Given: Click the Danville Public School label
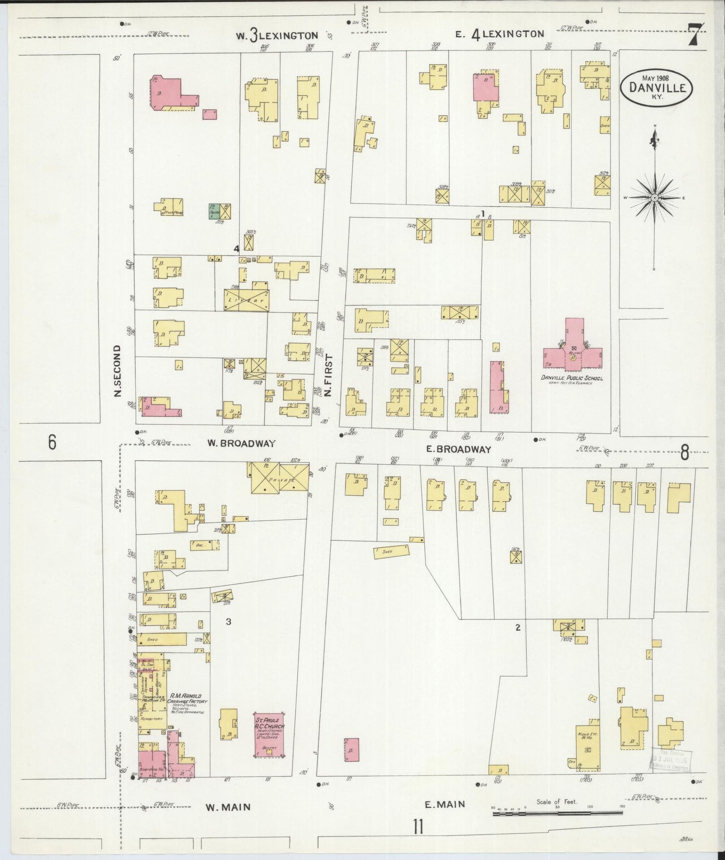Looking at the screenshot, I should tap(571, 378).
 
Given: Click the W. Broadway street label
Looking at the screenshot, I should tap(241, 443).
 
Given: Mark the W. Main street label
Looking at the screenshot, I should tap(228, 807).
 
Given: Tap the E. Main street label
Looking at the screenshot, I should tap(445, 804).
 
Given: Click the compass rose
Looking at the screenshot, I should tap(654, 198).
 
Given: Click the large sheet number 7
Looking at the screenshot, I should tap(695, 35).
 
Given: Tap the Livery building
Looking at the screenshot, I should tap(246, 300).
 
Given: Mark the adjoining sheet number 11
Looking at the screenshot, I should tap(417, 826).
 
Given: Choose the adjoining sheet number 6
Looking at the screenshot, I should tap(52, 443).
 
